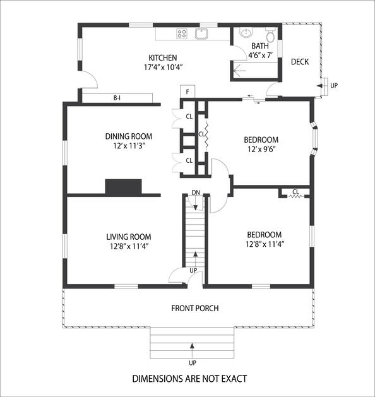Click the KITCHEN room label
pyautogui.click(x=162, y=58)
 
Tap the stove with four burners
pyautogui.click(x=182, y=33)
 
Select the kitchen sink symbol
pyautogui.click(x=201, y=34)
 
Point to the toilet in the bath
pyautogui.click(x=270, y=35)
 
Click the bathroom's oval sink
pyautogui.click(x=246, y=33)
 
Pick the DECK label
pyautogui.click(x=300, y=62)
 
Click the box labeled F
pyautogui.click(x=187, y=92)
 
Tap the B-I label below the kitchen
pyautogui.click(x=117, y=98)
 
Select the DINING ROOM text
pyautogui.click(x=129, y=136)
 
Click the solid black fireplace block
pyautogui.click(x=123, y=187)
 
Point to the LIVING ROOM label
pyautogui.click(x=129, y=237)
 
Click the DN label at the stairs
pyautogui.click(x=196, y=193)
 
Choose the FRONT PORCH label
pyautogui.click(x=195, y=309)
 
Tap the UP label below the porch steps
pyautogui.click(x=193, y=363)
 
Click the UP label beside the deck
pyautogui.click(x=334, y=86)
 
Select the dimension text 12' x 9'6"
pyautogui.click(x=261, y=149)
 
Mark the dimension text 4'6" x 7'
pyautogui.click(x=260, y=55)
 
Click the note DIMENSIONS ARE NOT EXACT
pyautogui.click(x=189, y=379)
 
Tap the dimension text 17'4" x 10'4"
pyautogui.click(x=164, y=68)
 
